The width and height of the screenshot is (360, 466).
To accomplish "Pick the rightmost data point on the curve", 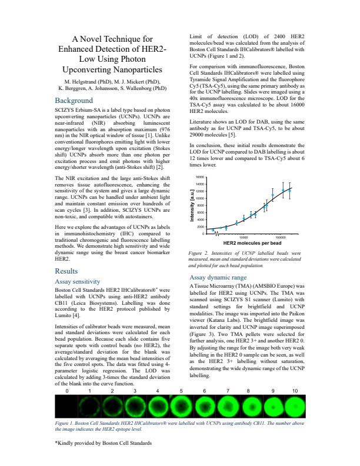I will click(289, 191).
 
